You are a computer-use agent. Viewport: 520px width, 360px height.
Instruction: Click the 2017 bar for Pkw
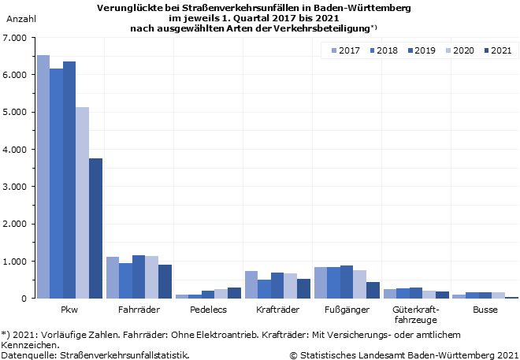tap(43, 176)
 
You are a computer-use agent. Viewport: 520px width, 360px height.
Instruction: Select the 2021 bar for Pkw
tap(95, 228)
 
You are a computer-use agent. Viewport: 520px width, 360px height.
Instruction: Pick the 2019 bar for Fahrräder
tap(139, 276)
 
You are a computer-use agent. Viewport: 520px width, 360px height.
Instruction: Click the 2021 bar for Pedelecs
tap(234, 293)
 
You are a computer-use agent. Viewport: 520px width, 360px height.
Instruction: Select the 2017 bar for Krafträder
tap(251, 284)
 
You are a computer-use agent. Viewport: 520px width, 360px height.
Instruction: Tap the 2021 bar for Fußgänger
tap(373, 290)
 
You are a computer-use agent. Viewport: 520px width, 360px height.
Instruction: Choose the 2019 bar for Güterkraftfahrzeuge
tap(416, 293)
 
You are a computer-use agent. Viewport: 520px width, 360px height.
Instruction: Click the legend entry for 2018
tap(381, 50)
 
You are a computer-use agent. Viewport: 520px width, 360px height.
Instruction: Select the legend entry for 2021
tap(496, 50)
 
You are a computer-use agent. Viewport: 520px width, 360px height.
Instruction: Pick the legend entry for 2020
tap(458, 50)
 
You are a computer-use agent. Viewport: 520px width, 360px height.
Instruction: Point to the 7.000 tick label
tap(13, 38)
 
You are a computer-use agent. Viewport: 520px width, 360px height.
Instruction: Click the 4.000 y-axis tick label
tap(13, 149)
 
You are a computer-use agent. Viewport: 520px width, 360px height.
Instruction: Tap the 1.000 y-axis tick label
tap(13, 261)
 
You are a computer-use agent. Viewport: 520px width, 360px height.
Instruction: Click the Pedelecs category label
tap(208, 310)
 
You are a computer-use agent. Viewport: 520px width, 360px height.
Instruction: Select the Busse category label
tap(485, 310)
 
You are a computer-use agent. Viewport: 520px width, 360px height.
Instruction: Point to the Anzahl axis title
tap(20, 17)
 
